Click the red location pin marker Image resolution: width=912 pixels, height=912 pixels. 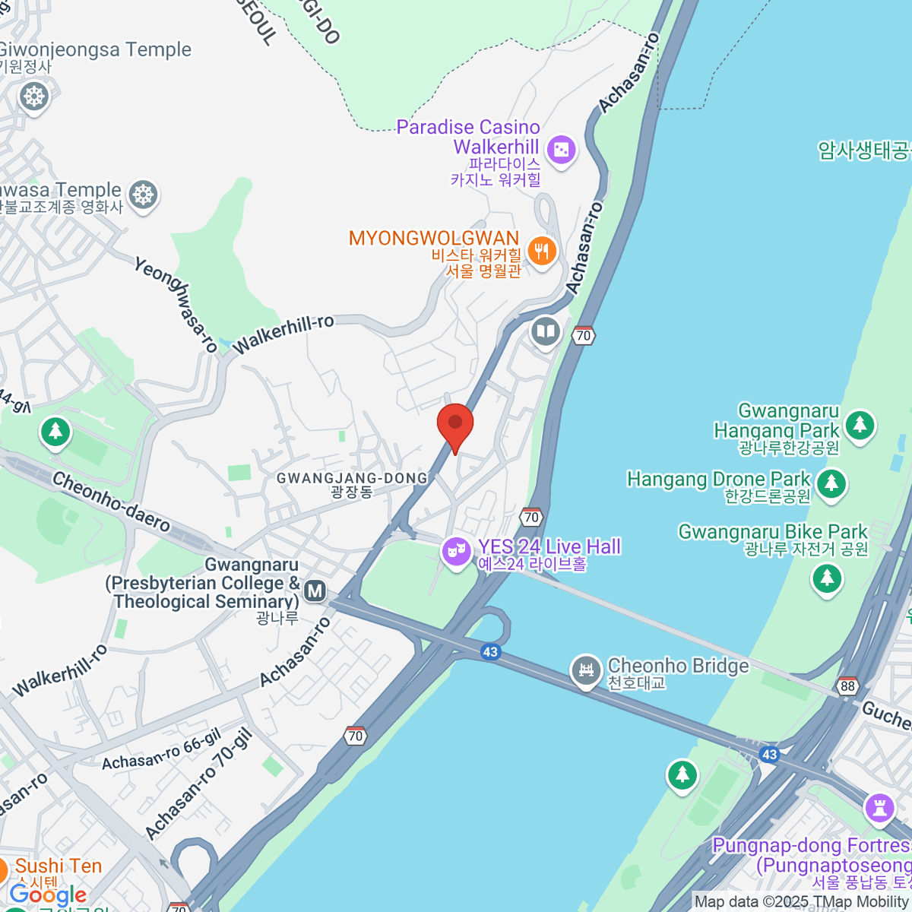click(455, 424)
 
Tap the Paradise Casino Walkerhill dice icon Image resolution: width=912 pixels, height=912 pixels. click(562, 150)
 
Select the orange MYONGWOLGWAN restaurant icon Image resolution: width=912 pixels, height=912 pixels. click(541, 250)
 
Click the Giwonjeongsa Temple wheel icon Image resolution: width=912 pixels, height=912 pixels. click(34, 97)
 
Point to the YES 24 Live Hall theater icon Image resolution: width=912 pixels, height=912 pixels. click(457, 549)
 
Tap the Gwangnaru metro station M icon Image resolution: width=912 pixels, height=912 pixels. click(315, 591)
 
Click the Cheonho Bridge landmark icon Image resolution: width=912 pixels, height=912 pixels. click(586, 670)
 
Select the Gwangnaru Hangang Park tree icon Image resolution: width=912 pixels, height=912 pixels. click(860, 424)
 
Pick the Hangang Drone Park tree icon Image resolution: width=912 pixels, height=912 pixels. click(831, 482)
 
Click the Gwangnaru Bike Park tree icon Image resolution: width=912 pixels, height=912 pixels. click(827, 578)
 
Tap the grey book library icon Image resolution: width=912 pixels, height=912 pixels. click(545, 331)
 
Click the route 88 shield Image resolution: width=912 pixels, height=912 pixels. click(847, 686)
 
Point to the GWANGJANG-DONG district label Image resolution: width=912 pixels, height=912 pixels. click(352, 478)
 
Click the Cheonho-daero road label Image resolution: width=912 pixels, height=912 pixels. click(111, 502)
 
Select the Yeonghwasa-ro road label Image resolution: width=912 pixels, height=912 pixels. click(176, 304)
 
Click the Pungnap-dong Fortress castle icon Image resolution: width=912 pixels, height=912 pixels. click(880, 807)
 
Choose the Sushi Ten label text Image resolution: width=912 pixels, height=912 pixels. click(59, 866)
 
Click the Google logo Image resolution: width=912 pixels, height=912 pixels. click(48, 895)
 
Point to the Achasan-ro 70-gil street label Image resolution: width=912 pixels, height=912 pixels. click(198, 784)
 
